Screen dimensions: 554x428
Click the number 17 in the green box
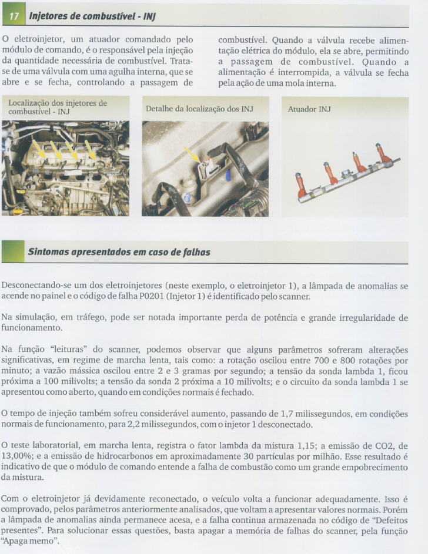point(12,16)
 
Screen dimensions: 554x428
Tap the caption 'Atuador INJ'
point(309,109)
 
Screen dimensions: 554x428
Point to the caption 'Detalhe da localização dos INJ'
point(199,109)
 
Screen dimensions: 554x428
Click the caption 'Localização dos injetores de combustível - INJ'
point(57,107)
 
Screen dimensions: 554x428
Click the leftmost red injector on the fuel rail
point(302,185)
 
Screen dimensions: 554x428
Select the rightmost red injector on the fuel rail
point(383,154)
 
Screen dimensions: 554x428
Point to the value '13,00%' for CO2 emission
point(15,456)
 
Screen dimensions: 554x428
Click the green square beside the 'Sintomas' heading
point(12,252)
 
